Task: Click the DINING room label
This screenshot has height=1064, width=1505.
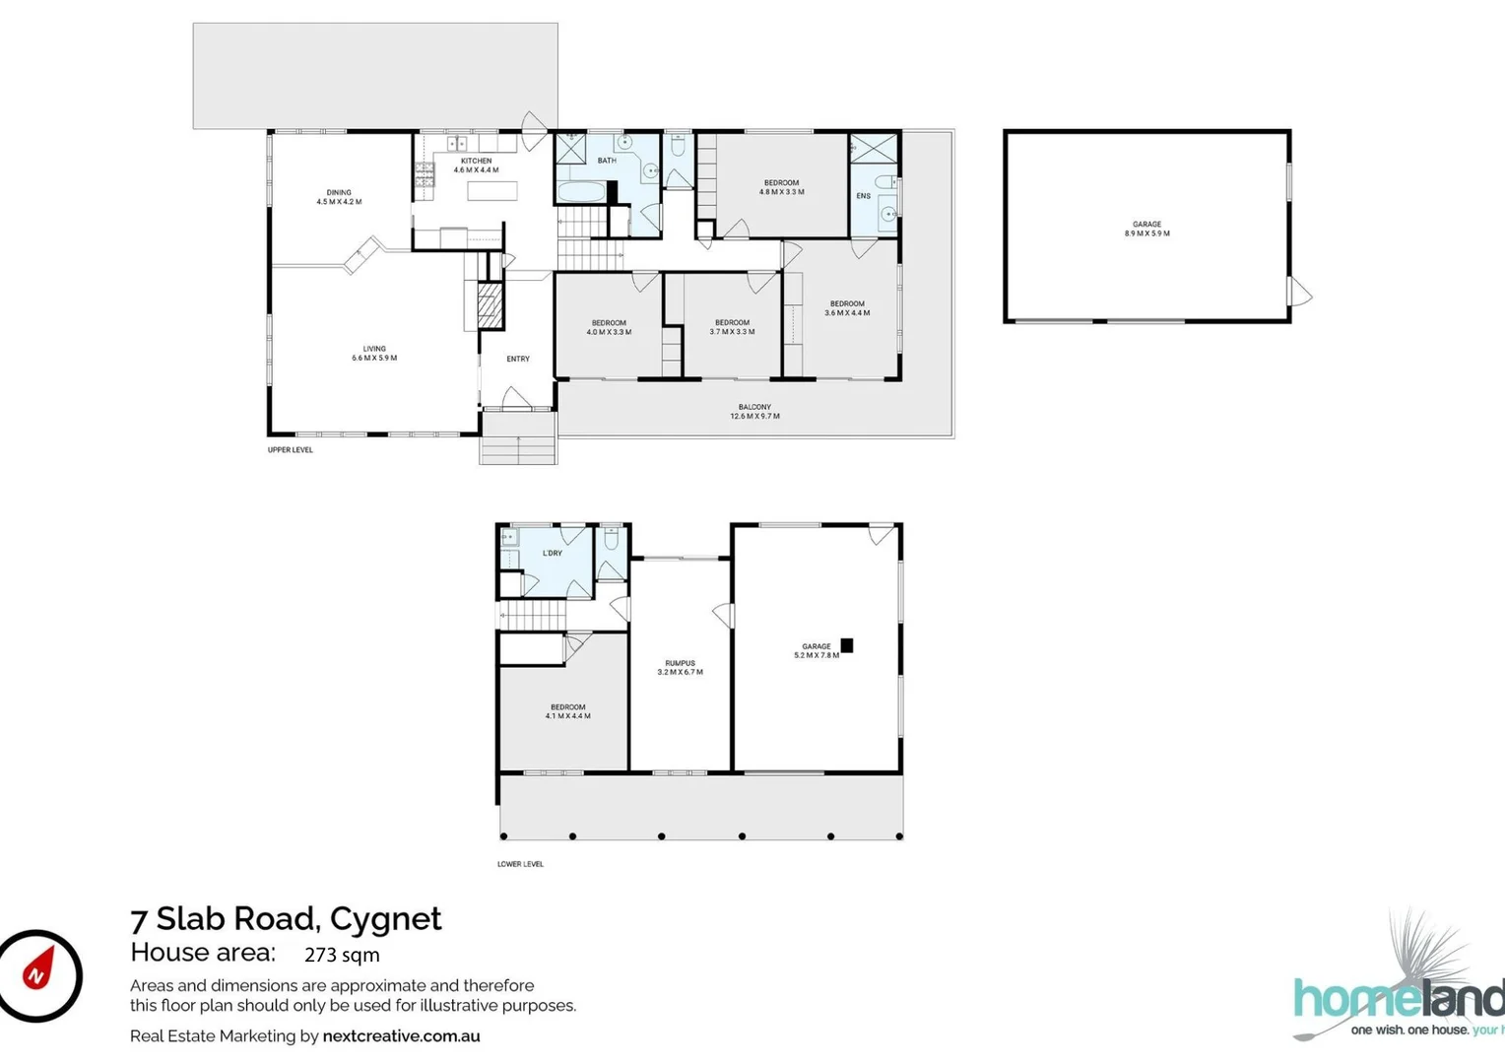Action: (x=339, y=197)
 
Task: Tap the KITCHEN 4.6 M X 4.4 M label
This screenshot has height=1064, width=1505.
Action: (x=476, y=166)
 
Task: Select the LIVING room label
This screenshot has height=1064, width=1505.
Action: (x=374, y=353)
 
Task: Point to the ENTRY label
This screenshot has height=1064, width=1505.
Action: (x=518, y=359)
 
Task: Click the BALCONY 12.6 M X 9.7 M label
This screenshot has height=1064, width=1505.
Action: (x=754, y=412)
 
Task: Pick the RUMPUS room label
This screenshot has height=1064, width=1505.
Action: (x=680, y=668)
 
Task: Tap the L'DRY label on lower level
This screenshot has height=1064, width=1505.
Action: (x=553, y=554)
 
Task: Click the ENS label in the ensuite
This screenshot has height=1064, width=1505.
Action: (x=863, y=196)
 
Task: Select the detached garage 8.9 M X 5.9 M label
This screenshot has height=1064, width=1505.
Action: (x=1146, y=229)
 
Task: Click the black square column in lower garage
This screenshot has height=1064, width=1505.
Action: (x=846, y=645)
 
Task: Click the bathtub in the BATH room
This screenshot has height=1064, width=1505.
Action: (x=581, y=191)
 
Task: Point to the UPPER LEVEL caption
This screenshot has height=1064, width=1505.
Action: (x=291, y=450)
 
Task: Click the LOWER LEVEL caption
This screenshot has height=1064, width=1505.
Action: (x=520, y=864)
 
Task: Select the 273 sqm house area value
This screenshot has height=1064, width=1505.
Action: (x=342, y=955)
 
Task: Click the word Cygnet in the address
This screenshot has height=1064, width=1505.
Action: (x=385, y=918)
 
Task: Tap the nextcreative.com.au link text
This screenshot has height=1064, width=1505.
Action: (x=401, y=1035)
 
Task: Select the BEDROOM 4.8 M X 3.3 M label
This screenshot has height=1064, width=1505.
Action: (x=781, y=187)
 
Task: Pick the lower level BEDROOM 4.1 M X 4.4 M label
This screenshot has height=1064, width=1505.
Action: (x=567, y=711)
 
